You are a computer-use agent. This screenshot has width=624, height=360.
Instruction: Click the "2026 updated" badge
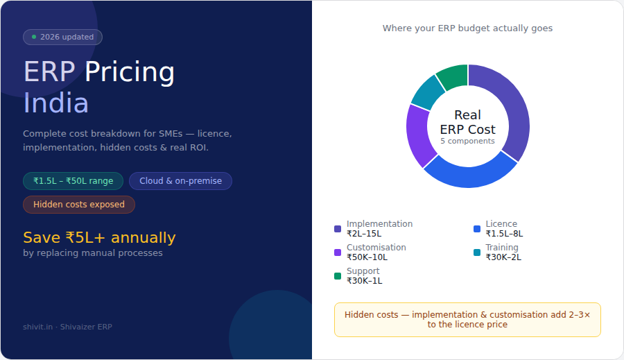62,37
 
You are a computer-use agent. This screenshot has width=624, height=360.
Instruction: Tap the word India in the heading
56,103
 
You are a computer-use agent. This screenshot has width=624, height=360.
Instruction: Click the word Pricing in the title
130,72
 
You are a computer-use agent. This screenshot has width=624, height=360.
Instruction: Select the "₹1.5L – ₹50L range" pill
73,181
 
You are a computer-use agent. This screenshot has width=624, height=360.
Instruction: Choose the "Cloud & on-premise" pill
180,181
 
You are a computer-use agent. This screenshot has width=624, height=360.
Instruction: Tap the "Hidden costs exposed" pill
79,205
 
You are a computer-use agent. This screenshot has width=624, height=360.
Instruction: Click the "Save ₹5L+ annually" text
99,238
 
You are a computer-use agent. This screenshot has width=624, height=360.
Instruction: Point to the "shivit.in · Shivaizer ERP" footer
67,327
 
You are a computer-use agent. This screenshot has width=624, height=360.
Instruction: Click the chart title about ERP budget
467,28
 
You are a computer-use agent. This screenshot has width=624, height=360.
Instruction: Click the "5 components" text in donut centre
467,141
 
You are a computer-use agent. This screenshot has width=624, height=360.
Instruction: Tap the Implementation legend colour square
338,229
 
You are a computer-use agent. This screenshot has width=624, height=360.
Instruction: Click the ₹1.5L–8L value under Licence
504,234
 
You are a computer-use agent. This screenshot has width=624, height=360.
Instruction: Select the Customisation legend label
376,248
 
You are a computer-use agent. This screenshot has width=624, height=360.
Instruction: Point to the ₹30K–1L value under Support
364,281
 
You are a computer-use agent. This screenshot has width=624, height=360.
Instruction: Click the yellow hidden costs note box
467,320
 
